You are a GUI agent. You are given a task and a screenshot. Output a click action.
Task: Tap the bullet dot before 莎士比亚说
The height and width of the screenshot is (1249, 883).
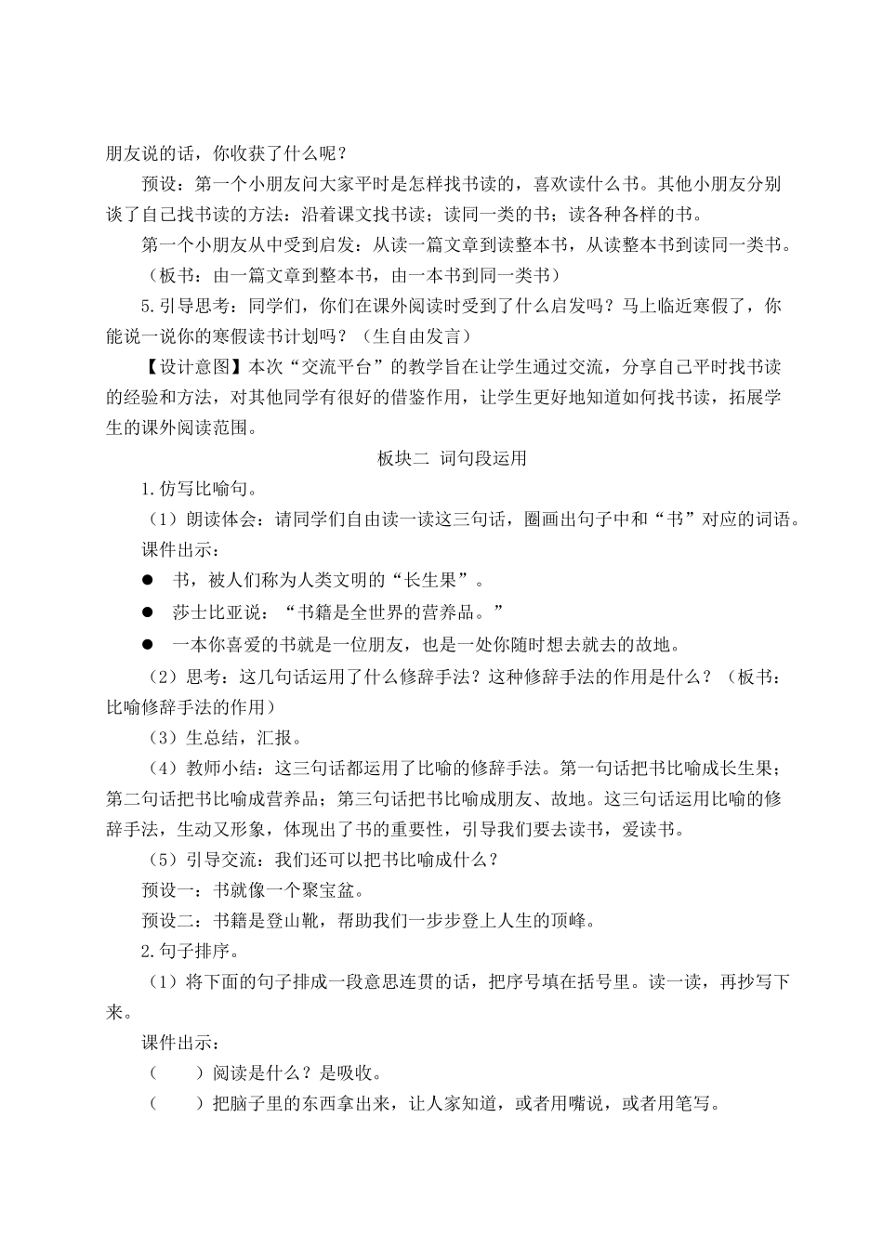coord(147,611)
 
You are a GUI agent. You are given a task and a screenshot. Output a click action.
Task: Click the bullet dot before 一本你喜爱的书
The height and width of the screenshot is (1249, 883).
coord(147,643)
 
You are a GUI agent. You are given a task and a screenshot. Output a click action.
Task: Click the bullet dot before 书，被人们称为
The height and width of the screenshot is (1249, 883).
coord(147,581)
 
